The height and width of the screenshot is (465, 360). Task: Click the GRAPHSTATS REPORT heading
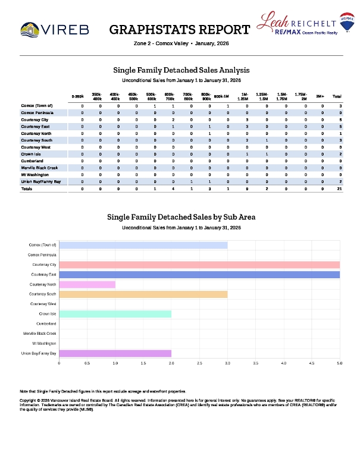[180, 30]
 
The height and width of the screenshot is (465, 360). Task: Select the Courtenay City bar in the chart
[199, 265]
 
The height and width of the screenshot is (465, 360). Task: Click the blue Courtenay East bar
[199, 275]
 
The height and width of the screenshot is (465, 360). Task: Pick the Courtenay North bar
[87, 284]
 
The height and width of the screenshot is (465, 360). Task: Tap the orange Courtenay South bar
[143, 294]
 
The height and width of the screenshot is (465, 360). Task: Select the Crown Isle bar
[115, 314]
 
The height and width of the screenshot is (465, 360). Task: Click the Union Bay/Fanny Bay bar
[115, 353]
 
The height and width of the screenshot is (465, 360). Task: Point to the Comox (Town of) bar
[143, 245]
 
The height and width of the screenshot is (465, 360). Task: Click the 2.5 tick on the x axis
[199, 363]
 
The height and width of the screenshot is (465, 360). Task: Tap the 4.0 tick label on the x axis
[283, 363]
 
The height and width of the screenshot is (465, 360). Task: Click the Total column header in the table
[337, 96]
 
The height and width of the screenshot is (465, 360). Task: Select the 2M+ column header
[320, 96]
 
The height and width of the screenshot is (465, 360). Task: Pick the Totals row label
[27, 188]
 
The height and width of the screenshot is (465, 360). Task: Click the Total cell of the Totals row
[339, 188]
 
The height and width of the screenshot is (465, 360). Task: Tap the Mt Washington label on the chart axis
[44, 344]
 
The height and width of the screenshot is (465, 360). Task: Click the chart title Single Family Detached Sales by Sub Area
[181, 217]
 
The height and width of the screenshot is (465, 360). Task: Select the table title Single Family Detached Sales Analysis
[181, 70]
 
